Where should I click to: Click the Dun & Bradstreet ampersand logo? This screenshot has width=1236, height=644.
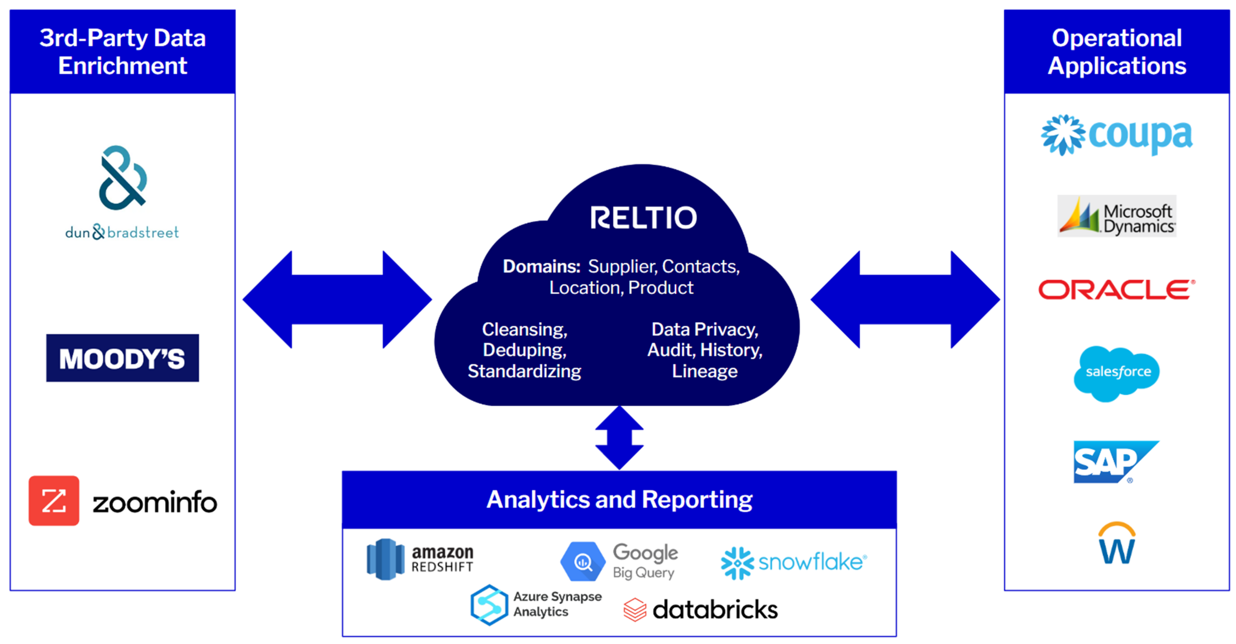pos(123,178)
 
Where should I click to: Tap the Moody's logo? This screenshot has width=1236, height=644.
pos(122,358)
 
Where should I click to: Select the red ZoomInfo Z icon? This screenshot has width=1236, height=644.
pos(54,501)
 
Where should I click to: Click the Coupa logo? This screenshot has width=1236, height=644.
pos(1116,135)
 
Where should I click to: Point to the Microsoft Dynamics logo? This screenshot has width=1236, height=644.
pos(1116,216)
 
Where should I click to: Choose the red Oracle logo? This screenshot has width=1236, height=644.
pos(1116,290)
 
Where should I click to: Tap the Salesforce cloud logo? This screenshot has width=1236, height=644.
pos(1116,373)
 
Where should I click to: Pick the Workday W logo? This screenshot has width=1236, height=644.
pos(1116,544)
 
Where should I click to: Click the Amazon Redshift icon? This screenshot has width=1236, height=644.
pos(385,559)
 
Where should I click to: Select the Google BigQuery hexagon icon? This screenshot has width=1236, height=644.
pos(583,561)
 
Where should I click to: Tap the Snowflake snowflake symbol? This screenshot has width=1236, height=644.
pos(737,563)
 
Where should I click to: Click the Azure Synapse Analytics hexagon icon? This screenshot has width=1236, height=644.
pos(489,605)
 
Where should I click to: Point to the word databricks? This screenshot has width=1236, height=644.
pos(715,610)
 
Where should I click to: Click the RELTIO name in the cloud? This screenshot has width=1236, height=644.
pos(643,218)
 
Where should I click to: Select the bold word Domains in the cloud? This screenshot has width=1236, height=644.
pos(541,267)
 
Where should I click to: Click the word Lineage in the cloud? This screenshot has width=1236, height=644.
pos(704,372)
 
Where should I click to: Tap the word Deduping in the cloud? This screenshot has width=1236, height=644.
pos(524,350)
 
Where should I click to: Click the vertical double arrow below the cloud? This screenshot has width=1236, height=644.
pos(619,438)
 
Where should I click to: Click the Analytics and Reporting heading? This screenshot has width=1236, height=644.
pos(619,500)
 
